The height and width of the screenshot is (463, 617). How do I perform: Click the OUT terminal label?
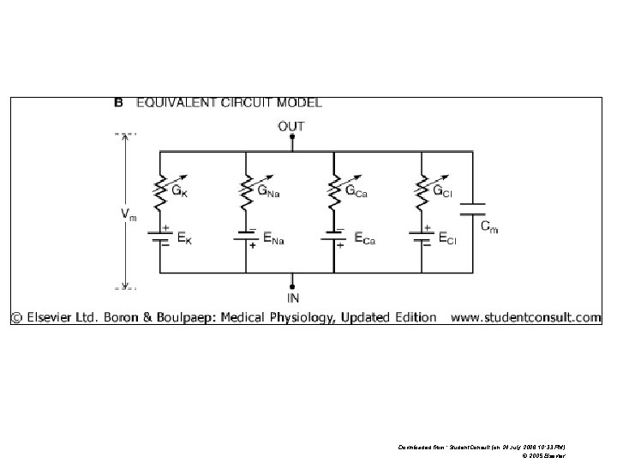point(292,125)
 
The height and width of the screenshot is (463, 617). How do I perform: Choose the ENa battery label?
point(273,239)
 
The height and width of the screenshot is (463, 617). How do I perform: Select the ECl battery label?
point(447,240)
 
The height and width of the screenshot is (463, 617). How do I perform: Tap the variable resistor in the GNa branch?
point(246,192)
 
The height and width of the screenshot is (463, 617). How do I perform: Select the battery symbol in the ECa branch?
point(333,238)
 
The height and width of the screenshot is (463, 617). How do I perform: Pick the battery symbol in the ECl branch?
point(421,238)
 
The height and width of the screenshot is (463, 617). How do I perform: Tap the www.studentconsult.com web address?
point(525,317)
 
